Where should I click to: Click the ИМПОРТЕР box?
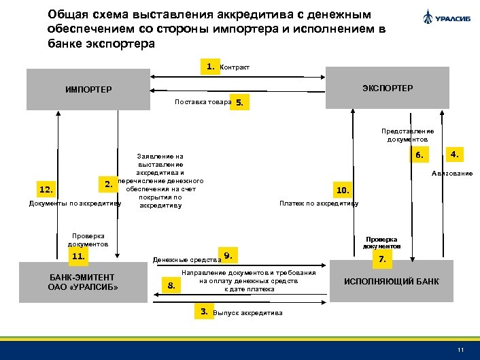click(x=88, y=89)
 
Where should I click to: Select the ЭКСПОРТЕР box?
click(x=388, y=88)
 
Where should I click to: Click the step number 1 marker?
click(x=211, y=67)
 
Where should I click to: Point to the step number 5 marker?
click(x=241, y=102)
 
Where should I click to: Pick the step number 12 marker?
click(x=48, y=189)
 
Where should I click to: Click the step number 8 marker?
click(x=171, y=285)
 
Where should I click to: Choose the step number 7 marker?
click(x=382, y=259)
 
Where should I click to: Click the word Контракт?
click(x=235, y=67)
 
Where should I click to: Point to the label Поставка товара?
click(x=203, y=102)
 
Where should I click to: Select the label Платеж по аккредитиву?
click(x=319, y=203)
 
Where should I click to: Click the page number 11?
click(x=461, y=350)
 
